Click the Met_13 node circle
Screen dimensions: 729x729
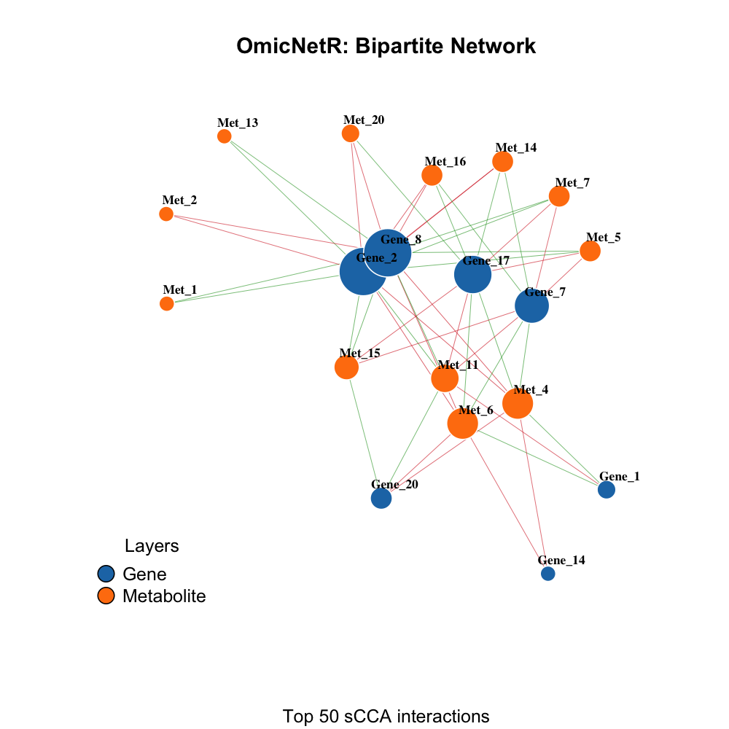click(225, 136)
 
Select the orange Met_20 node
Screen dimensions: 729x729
click(351, 133)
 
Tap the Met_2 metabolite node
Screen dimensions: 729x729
click(166, 214)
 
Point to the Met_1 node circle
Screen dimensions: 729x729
click(167, 303)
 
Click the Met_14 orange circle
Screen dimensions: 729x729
click(503, 161)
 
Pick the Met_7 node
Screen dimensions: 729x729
click(559, 196)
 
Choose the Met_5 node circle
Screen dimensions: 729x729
click(590, 251)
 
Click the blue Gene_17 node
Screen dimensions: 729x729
click(472, 275)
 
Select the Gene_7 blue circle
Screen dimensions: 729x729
click(531, 305)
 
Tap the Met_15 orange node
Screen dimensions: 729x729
click(346, 367)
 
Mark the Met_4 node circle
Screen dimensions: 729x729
click(518, 403)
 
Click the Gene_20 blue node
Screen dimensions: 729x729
click(381, 498)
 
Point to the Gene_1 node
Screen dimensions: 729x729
click(607, 490)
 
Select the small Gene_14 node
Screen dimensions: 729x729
click(548, 574)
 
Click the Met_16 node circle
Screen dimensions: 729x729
click(432, 175)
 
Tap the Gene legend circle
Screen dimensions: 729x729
click(106, 574)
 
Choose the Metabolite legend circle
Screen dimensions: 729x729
click(106, 596)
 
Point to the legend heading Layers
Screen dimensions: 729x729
click(152, 546)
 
